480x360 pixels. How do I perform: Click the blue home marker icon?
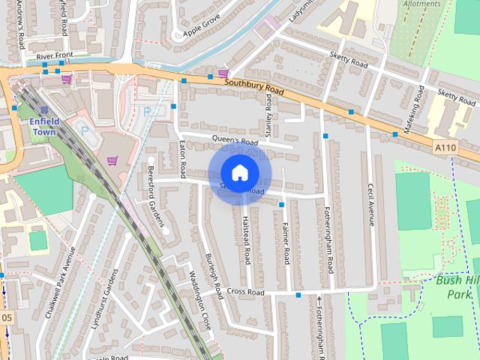coord(239,173)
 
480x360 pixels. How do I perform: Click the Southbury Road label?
coord(254,87)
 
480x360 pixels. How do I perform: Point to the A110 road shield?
coord(445,148)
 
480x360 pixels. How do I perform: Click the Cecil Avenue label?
coord(370,205)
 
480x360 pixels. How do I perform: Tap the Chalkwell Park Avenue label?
coord(61,283)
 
